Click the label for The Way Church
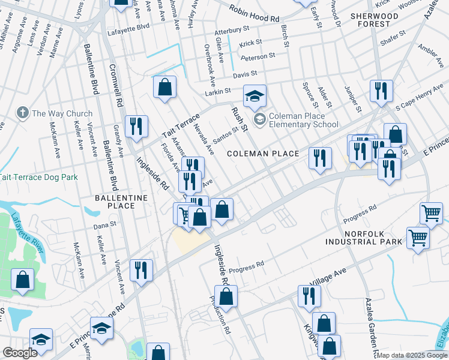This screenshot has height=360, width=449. (62, 113)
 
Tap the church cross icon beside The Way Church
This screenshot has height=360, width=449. (22, 113)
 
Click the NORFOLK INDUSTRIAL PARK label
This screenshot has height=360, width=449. (364, 237)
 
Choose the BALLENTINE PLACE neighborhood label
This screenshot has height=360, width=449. (115, 202)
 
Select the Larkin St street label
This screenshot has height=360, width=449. (218, 91)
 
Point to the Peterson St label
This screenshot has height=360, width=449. (258, 57)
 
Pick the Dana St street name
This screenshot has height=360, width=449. (104, 226)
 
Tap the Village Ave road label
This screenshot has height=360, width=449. (328, 277)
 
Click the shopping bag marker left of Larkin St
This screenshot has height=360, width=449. (164, 88)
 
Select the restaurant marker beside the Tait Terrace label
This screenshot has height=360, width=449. (136, 126)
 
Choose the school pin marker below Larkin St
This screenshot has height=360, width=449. (255, 95)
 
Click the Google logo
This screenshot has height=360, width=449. (20, 353)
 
